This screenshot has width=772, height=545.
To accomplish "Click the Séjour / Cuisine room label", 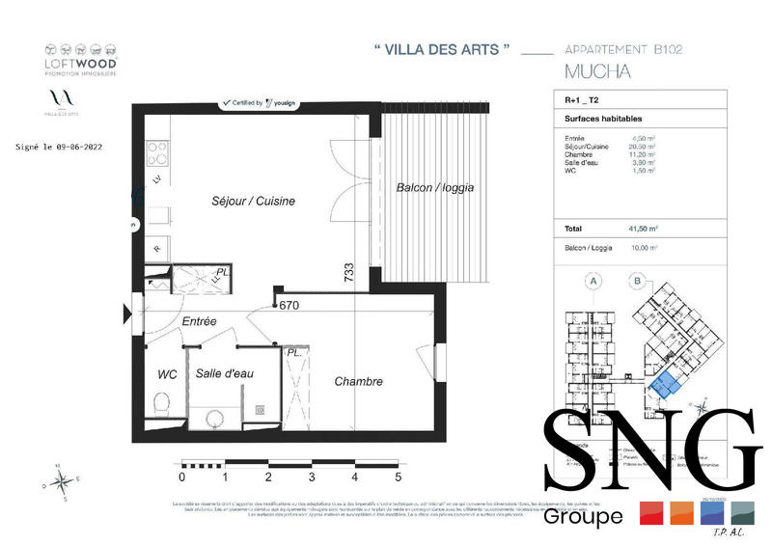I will pyautogui.click(x=253, y=202).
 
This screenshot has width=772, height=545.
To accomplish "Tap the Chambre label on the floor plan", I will pyautogui.click(x=358, y=381).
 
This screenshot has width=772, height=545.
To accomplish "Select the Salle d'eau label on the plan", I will pyautogui.click(x=224, y=373).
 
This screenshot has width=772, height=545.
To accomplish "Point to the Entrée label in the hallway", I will pyautogui.click(x=199, y=321).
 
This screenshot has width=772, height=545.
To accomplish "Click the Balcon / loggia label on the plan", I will pyautogui.click(x=434, y=188).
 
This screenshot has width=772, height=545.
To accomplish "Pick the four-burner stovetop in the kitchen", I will pyautogui.click(x=158, y=152).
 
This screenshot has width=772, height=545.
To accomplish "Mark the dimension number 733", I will pyautogui.click(x=349, y=276).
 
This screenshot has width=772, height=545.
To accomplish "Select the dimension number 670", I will pyautogui.click(x=289, y=307).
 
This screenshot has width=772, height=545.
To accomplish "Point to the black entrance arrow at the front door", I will pyautogui.click(x=125, y=313).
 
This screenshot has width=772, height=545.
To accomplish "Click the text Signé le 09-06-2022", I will pyautogui.click(x=60, y=148).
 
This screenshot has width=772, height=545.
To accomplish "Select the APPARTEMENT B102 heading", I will pyautogui.click(x=622, y=49).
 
